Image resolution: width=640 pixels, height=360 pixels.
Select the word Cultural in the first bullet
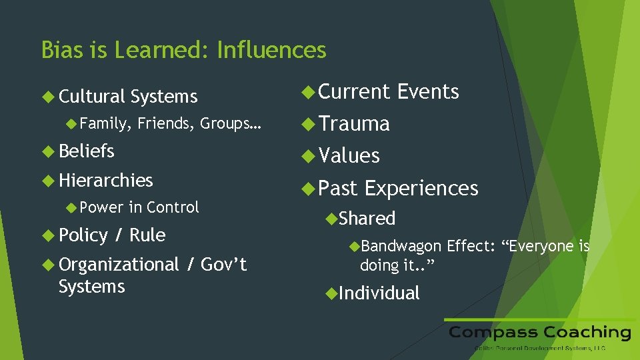pos(92,97)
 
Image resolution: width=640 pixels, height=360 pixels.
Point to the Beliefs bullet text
pos(87,151)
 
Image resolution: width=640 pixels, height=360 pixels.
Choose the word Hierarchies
pos(106,181)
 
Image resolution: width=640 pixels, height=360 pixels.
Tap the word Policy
pos(83,235)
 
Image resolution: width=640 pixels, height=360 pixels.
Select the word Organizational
pos(119,265)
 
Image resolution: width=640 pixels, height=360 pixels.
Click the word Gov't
pos(223,265)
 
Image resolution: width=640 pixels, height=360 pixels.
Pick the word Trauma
pos(354,124)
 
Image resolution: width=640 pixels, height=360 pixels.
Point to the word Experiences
pos(421,189)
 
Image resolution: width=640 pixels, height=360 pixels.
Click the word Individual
pos(379,293)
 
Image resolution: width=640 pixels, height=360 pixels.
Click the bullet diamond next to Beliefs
pos(48,151)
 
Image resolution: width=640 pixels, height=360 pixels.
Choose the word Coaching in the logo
pos(587,332)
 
